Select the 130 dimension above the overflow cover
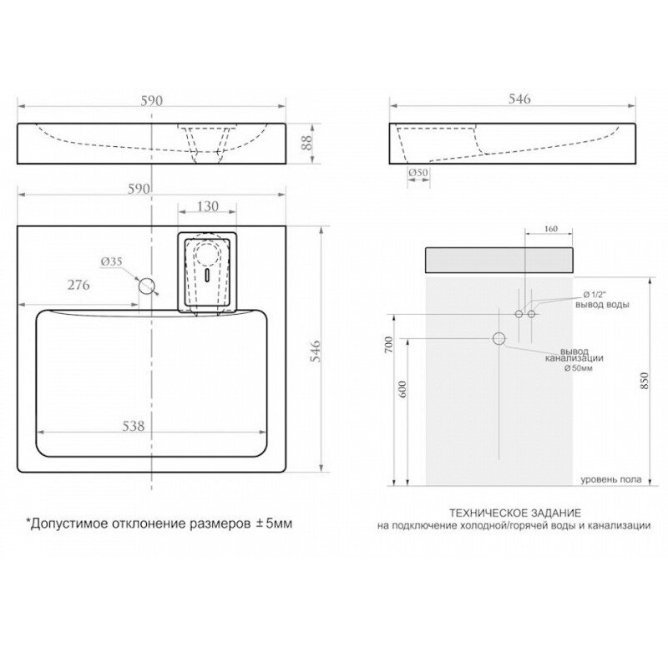[209, 207]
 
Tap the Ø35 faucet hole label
[111, 261]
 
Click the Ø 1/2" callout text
[596, 294]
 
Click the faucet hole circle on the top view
[148, 286]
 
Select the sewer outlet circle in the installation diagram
[499, 338]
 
